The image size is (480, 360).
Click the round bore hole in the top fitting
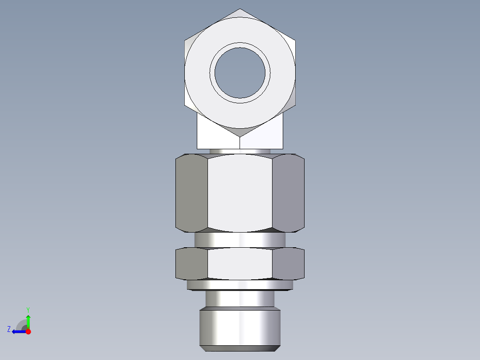pyautogui.click(x=240, y=73)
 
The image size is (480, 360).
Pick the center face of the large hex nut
pyautogui.click(x=240, y=193)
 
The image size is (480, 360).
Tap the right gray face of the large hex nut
pyautogui.click(x=288, y=193)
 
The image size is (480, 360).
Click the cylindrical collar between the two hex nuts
pyautogui.click(x=240, y=240)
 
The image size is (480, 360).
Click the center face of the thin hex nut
pyautogui.click(x=240, y=264)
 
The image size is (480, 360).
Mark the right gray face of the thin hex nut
pyautogui.click(x=288, y=264)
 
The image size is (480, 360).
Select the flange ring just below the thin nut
pyautogui.click(x=240, y=285)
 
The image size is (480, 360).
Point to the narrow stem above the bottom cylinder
pyautogui.click(x=240, y=299)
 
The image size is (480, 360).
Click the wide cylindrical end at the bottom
pyautogui.click(x=240, y=327)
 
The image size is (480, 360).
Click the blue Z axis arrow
pyautogui.click(x=18, y=331)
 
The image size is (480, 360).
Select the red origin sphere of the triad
pyautogui.click(x=28, y=331)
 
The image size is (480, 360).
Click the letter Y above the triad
pyautogui.click(x=28, y=309)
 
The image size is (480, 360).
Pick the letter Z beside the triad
pyautogui.click(x=9, y=329)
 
